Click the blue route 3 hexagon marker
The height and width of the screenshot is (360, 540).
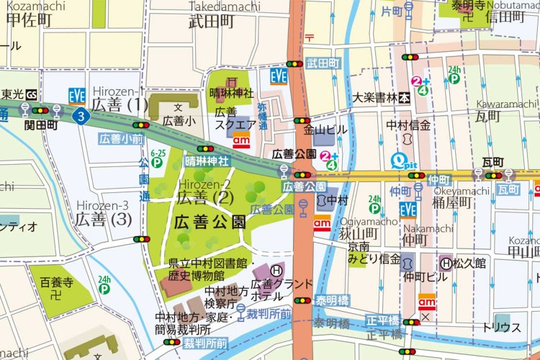[x=82, y=115]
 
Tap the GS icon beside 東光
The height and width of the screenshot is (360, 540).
[x=32, y=94]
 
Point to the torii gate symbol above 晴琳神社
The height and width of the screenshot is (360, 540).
[x=232, y=82]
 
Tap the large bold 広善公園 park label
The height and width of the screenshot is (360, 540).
[x=209, y=222]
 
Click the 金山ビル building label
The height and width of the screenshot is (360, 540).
[x=325, y=130]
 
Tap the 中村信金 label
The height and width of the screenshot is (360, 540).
[x=408, y=125]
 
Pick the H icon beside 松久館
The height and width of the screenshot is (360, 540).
[x=446, y=264]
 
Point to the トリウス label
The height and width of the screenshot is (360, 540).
[x=501, y=328]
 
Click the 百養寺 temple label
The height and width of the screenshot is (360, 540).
[x=56, y=282]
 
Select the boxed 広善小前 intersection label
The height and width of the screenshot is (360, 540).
[x=121, y=138]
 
